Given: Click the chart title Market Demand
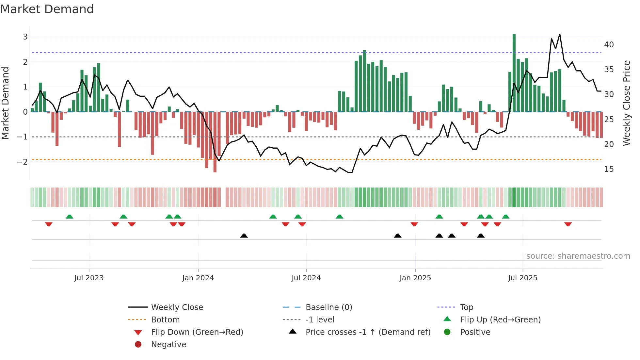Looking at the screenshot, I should (x=47, y=9).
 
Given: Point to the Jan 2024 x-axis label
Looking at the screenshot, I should (x=198, y=278).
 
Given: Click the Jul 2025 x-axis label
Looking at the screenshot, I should (x=522, y=278).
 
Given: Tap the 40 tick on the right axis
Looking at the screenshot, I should (x=609, y=44).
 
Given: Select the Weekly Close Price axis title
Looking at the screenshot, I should (x=626, y=103).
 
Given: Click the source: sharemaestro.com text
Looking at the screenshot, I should (x=578, y=256).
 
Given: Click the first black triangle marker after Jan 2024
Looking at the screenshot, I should (x=244, y=236).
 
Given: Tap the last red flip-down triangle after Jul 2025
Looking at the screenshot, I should (x=568, y=224).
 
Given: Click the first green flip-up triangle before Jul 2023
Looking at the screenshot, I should (x=70, y=217).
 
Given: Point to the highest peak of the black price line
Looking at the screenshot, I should (x=560, y=34).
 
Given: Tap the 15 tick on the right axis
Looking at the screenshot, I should (x=609, y=169).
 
